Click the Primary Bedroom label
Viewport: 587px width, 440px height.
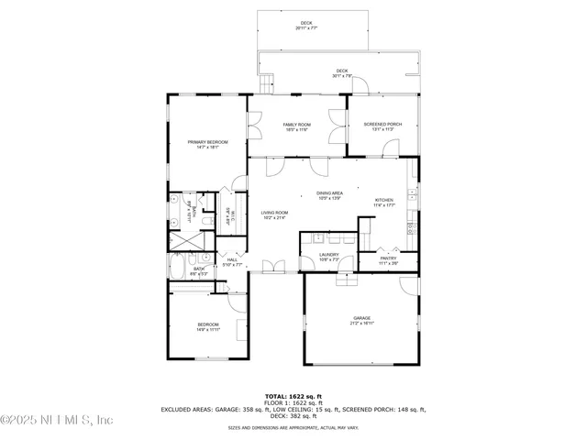point(207,142)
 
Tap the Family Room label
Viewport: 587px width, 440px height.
point(296,125)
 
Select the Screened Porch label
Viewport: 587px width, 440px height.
point(382,125)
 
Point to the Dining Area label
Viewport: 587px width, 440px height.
point(329,193)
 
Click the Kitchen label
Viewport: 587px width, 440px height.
point(384,200)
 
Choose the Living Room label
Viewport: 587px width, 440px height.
point(274,213)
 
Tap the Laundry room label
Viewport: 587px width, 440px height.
point(329,255)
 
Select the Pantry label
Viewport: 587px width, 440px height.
point(389,258)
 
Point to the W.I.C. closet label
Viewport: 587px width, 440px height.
point(233,215)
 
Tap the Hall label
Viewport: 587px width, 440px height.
point(232,259)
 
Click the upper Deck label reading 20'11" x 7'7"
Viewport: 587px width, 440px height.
point(306,23)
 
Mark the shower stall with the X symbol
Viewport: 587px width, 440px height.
point(189,241)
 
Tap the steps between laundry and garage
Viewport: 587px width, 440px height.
point(347,280)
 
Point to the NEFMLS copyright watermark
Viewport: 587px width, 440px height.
point(57,420)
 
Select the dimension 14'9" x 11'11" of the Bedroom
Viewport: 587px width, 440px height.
point(207,330)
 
